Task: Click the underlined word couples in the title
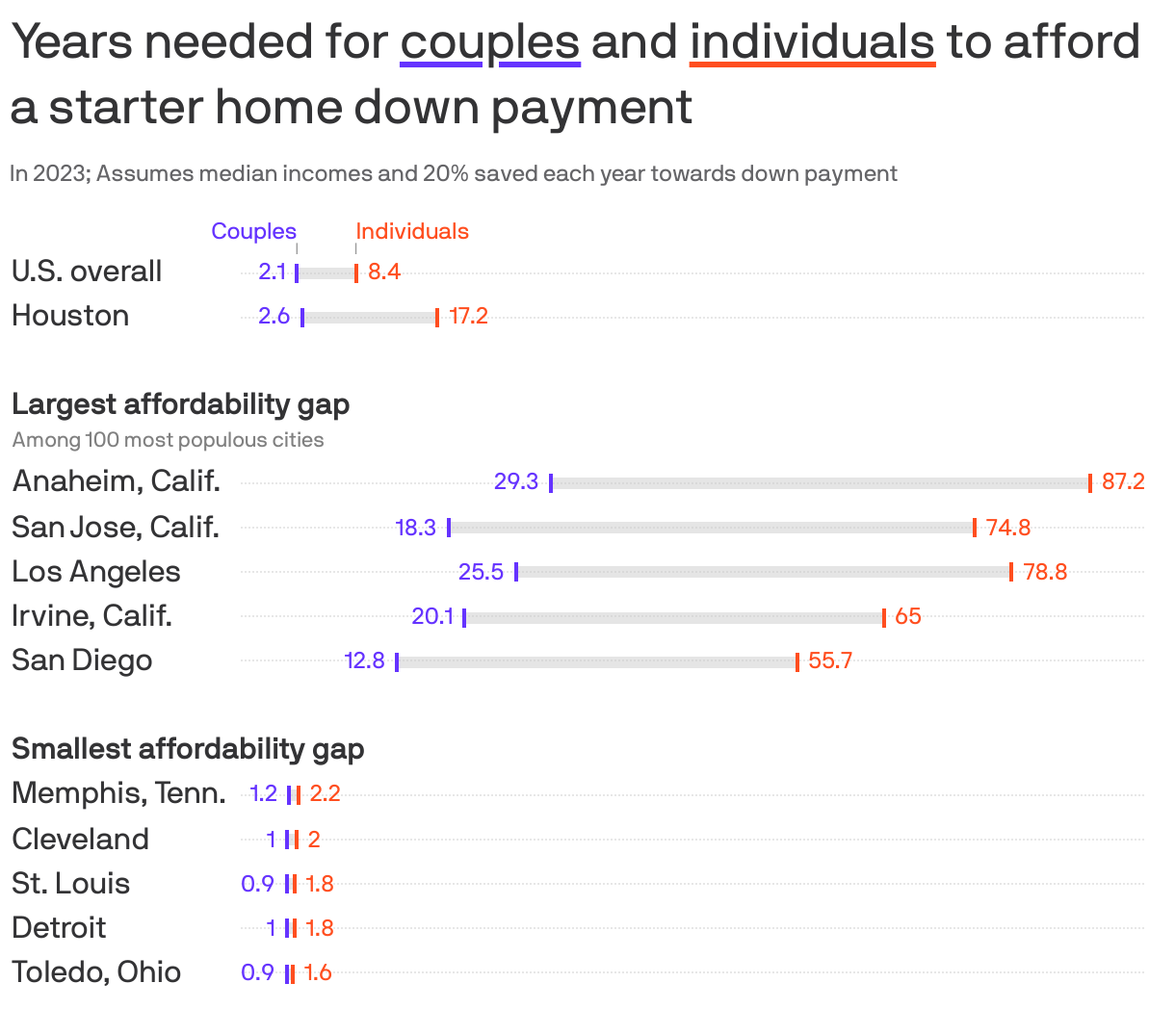click(489, 42)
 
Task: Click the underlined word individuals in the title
click(812, 42)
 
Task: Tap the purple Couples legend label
click(254, 231)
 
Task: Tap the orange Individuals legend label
click(412, 231)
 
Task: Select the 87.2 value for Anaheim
click(1123, 481)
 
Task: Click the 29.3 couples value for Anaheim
click(516, 481)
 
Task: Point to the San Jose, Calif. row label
click(116, 527)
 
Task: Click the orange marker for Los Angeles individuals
click(1011, 572)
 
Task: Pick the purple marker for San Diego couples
click(397, 661)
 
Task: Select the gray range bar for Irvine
click(674, 617)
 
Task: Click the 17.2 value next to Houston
click(468, 317)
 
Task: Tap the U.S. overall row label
click(87, 272)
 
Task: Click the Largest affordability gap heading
click(181, 403)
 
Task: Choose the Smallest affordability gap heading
click(188, 748)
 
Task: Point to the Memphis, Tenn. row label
click(118, 793)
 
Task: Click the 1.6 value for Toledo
click(318, 972)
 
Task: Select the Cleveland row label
click(81, 839)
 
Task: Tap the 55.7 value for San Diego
click(830, 660)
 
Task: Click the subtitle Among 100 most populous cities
click(169, 440)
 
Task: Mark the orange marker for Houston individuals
click(437, 318)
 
